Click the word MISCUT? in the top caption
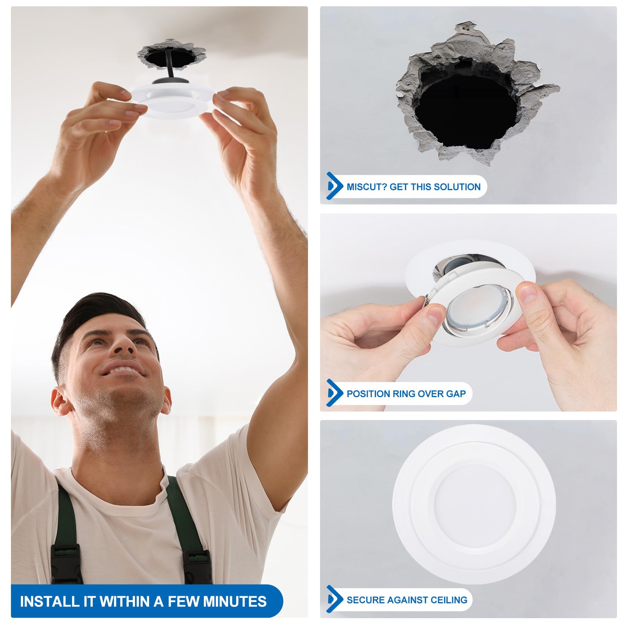coord(366,187)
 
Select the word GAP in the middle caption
coord(456,394)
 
